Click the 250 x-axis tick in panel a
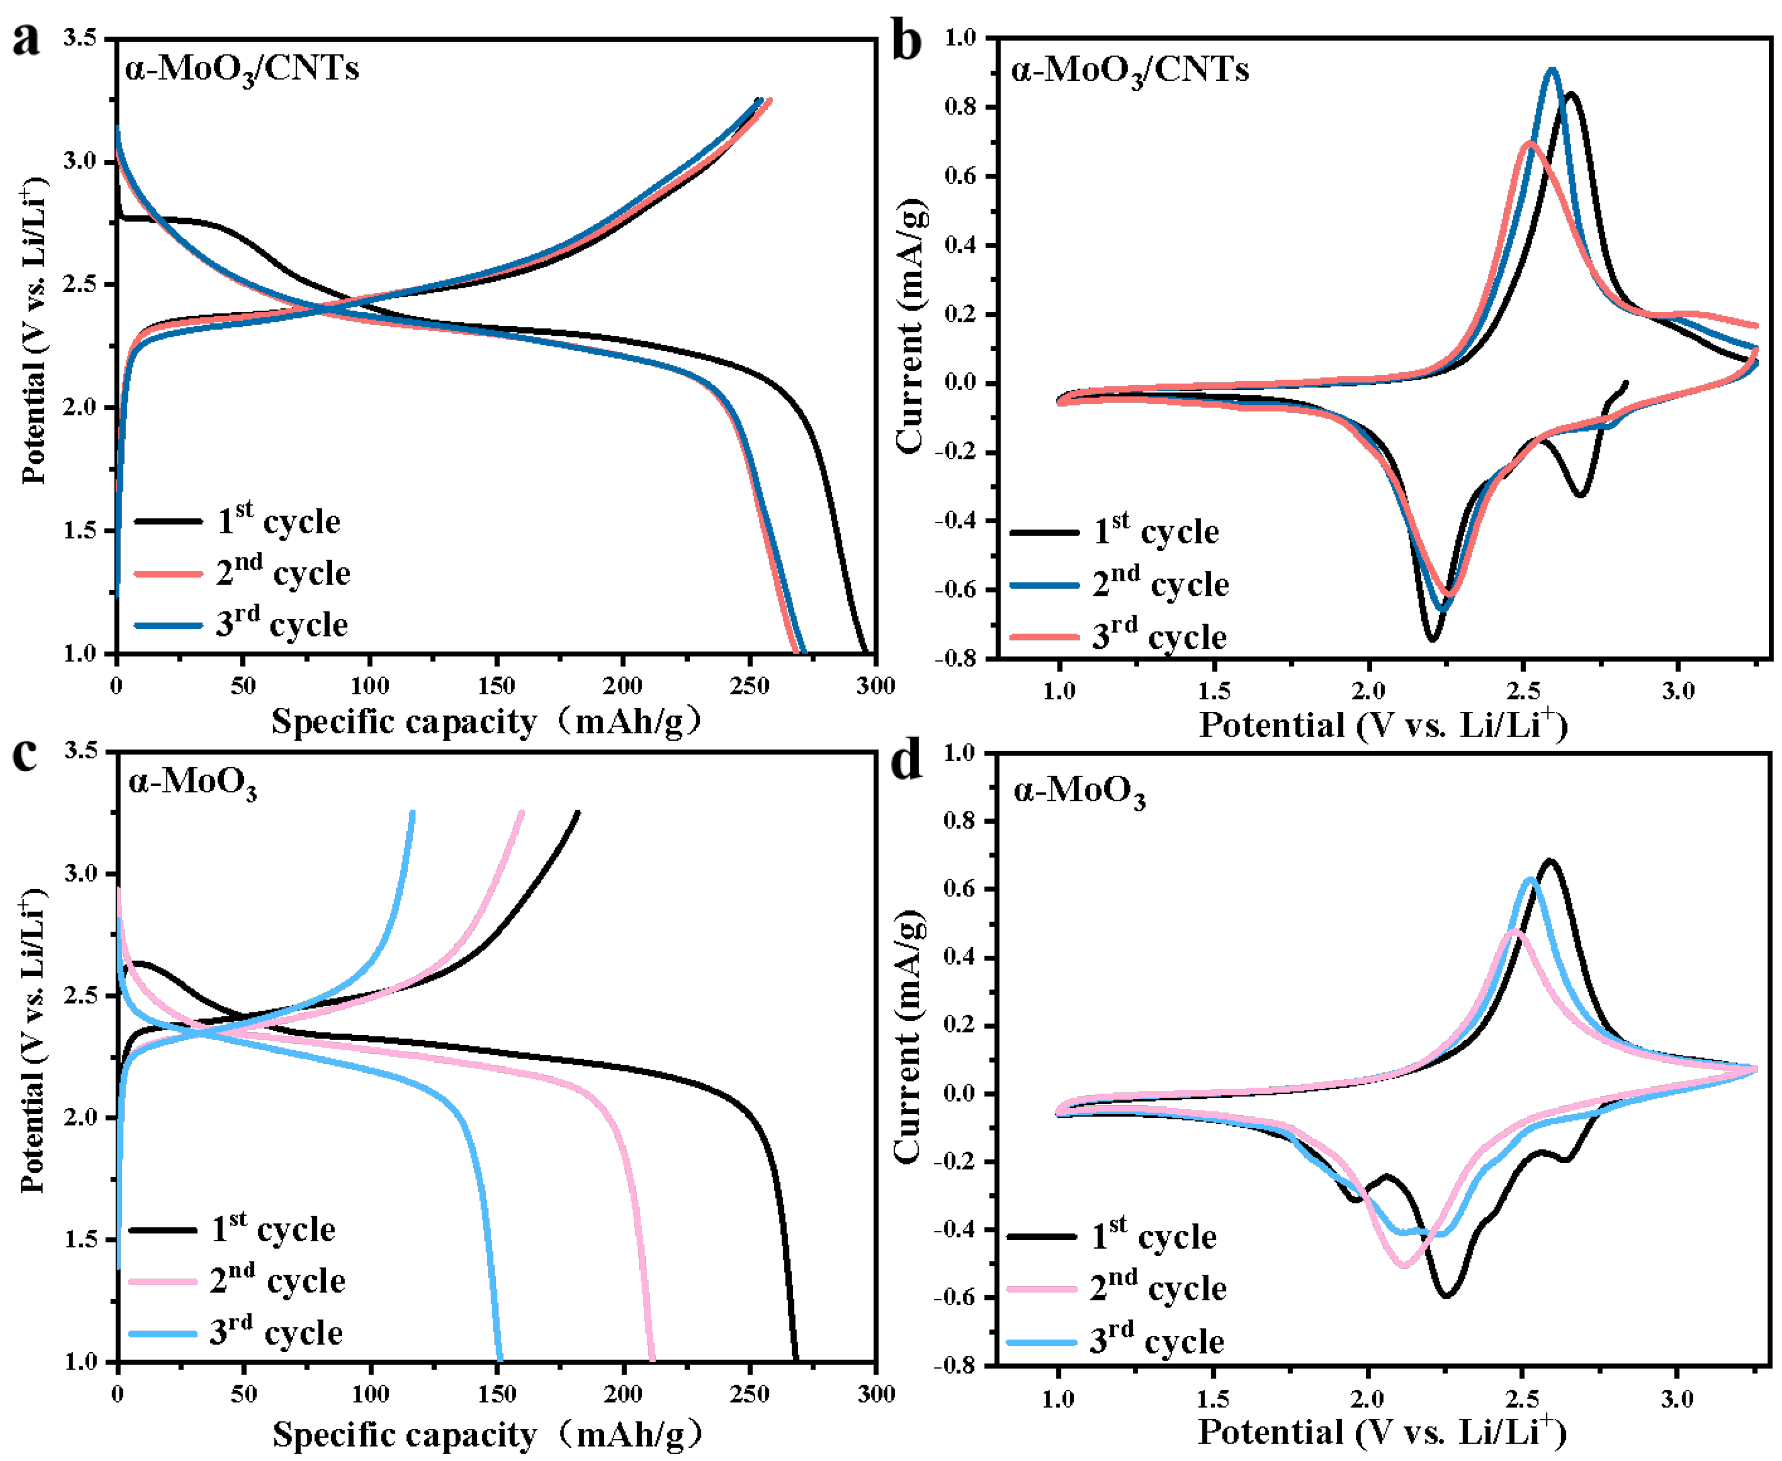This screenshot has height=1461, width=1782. point(748,686)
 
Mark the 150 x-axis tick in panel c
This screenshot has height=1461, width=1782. point(496,1394)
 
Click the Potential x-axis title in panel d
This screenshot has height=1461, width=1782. point(1381,1432)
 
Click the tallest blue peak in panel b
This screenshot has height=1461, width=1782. point(1551,70)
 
